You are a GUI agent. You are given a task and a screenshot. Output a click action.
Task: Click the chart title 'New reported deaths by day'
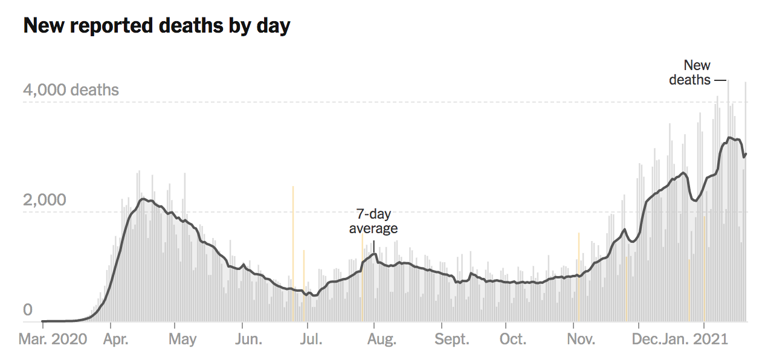coord(157,26)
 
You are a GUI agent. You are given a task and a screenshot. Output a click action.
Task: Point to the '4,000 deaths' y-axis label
coord(71,91)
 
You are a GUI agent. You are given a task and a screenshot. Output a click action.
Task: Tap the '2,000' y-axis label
coord(45,200)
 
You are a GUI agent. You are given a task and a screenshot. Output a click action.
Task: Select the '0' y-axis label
coord(28,310)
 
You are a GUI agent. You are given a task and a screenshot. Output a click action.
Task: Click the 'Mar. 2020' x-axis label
coord(53,339)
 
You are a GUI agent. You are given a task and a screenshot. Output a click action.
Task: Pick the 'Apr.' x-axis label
coord(115,339)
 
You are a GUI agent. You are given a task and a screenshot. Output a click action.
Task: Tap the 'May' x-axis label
coord(182,339)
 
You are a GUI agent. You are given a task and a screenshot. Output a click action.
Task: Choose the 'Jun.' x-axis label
coord(248,339)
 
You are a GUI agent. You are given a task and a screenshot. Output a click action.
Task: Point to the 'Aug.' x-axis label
coord(381,339)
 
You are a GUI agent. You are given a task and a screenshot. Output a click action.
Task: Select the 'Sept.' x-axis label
coord(452,339)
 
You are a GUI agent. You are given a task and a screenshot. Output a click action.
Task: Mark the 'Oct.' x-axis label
coord(512,339)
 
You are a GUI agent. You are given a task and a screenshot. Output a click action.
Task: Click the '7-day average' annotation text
coord(373,222)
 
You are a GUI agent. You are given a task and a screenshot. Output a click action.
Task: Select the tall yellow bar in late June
coord(293,254)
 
